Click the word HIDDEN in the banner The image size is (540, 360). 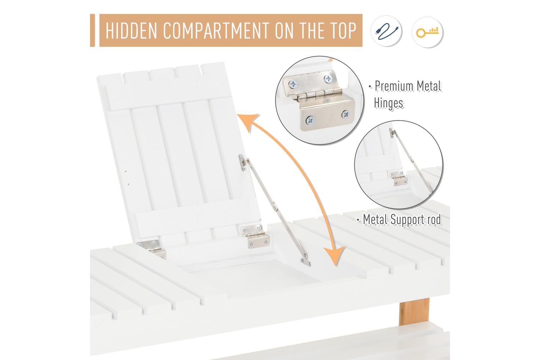click(x=131, y=31)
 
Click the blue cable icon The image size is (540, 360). click(x=386, y=31)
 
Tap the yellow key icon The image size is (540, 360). click(x=427, y=32)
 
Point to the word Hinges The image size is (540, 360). click(x=388, y=103)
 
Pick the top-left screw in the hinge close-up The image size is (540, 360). click(x=293, y=84)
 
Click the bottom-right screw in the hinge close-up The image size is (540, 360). click(x=346, y=114)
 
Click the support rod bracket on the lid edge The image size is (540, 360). click(x=243, y=163)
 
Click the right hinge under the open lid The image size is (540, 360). click(x=256, y=236)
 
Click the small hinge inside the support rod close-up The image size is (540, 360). click(x=398, y=178)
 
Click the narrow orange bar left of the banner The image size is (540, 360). click(x=92, y=30)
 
